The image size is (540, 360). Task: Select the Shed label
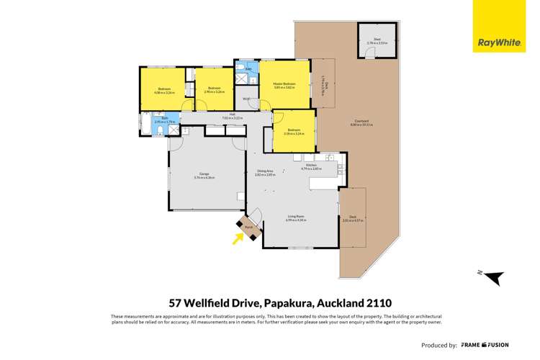pos(377,41)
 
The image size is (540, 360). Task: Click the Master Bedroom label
pos(284,85)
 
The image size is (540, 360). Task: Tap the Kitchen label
pos(312,166)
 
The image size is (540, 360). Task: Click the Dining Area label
pos(266,171)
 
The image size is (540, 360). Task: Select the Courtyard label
pos(362,122)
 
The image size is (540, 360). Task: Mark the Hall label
pos(233,115)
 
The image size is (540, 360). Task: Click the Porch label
pos(248,226)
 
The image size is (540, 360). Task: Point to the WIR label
pos(246,99)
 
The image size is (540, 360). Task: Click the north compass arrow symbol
pos(492,277)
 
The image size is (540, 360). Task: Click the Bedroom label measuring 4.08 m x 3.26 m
pos(165,90)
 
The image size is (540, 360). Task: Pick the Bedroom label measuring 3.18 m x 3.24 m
pos(294,132)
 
